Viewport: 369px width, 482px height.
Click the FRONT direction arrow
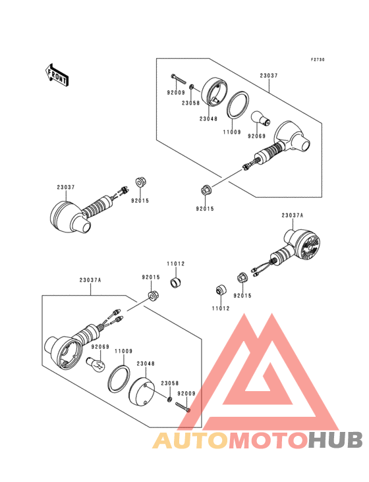point(57,75)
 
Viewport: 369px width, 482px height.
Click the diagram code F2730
point(318,60)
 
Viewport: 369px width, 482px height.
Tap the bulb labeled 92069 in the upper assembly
point(260,119)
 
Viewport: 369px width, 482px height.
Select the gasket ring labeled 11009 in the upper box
point(238,105)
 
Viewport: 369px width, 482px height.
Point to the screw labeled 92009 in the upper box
point(179,79)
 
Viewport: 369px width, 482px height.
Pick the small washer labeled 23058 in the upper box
point(192,87)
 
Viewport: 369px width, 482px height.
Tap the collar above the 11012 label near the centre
point(176,282)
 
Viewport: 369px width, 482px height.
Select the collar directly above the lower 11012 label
point(221,290)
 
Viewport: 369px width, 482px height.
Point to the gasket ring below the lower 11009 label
point(119,379)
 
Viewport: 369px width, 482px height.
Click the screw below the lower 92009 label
point(183,408)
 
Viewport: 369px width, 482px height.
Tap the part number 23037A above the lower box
point(90,281)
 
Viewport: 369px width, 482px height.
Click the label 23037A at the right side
point(292,215)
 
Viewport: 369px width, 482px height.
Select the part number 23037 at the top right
point(269,75)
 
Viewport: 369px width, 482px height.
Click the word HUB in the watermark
point(336,440)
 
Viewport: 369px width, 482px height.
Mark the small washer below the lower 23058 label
point(169,399)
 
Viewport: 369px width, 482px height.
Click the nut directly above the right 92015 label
point(242,278)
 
